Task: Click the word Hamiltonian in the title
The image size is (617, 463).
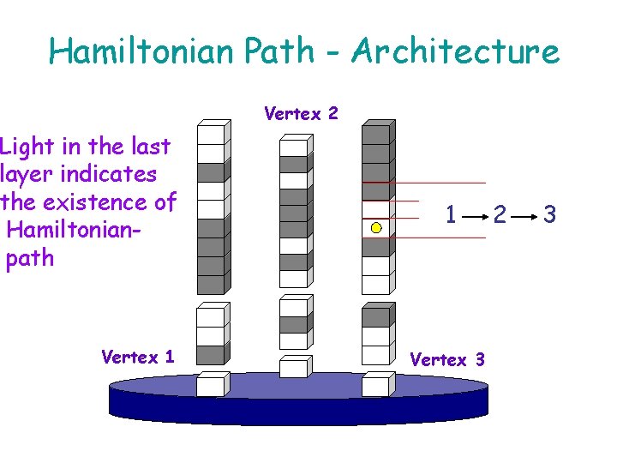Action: tap(141, 51)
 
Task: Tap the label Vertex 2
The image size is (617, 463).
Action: tap(301, 113)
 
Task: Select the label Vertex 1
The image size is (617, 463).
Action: tap(137, 357)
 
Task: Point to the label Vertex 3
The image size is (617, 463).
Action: tap(447, 359)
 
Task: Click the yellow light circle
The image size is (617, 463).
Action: tap(376, 228)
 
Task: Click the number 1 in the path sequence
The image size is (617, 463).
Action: tap(451, 214)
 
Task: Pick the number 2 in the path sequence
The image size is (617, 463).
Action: tap(500, 214)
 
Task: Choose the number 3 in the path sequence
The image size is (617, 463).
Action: tap(549, 214)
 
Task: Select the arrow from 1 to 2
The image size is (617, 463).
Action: tap(475, 215)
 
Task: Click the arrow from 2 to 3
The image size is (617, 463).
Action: tap(524, 215)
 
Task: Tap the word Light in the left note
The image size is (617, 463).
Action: tap(25, 147)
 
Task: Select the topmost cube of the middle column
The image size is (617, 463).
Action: tap(293, 147)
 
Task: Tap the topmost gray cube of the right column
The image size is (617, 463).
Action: tap(375, 134)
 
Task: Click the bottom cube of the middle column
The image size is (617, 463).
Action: tap(293, 369)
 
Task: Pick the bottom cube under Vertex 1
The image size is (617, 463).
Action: tap(210, 386)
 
